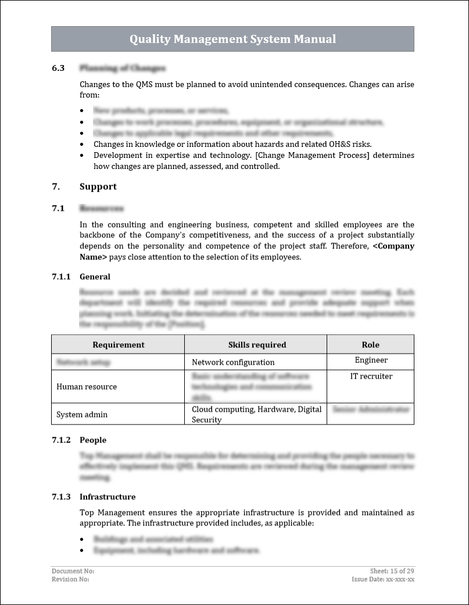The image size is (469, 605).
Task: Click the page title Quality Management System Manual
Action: click(232, 39)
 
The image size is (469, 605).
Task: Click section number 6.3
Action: click(58, 69)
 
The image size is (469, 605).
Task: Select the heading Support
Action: click(98, 186)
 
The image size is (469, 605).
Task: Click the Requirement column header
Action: click(118, 344)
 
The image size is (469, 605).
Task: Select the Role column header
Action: click(370, 344)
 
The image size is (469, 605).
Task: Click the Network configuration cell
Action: click(233, 362)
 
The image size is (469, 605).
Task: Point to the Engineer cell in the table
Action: click(371, 361)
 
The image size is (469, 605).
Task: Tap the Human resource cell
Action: click(87, 387)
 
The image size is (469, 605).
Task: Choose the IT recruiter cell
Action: click(371, 376)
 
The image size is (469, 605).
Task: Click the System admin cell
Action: click(82, 415)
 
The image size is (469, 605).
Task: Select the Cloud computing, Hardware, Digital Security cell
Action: click(256, 414)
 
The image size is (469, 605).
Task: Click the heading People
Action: click(93, 440)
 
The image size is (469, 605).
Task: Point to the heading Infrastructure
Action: click(108, 497)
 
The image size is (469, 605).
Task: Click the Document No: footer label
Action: click(73, 571)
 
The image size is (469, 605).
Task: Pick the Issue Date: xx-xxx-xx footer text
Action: click(383, 579)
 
